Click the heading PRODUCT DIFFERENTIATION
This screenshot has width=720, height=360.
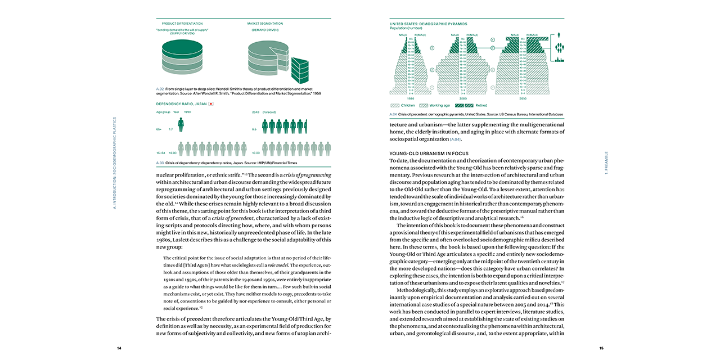(x=178, y=24)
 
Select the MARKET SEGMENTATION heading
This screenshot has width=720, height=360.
(x=265, y=24)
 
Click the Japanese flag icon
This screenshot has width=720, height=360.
(x=210, y=104)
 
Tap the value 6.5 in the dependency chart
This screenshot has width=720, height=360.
(x=255, y=129)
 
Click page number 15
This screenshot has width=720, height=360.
(x=601, y=348)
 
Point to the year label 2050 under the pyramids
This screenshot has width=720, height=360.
(x=523, y=97)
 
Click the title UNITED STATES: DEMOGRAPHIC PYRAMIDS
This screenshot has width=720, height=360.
(x=427, y=24)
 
